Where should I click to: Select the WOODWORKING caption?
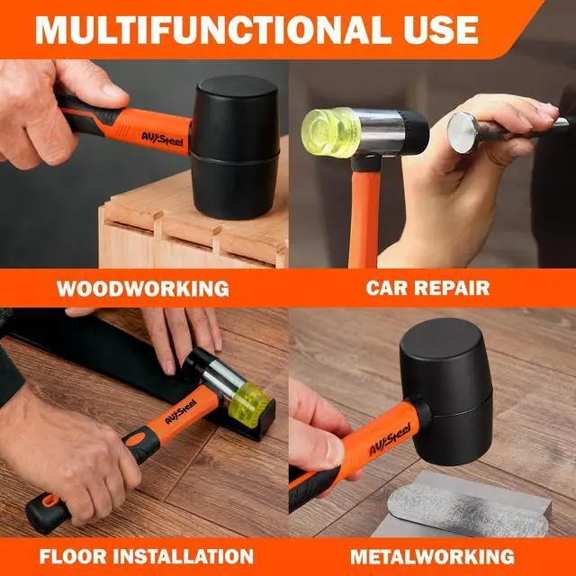pyautogui.click(x=143, y=289)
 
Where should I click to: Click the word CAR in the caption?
pyautogui.click(x=385, y=288)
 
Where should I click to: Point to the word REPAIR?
pyautogui.click(x=452, y=288)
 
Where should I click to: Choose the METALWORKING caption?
pyautogui.click(x=432, y=556)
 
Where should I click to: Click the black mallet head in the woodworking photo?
pyautogui.click(x=235, y=147)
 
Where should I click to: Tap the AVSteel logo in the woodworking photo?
pyautogui.click(x=162, y=139)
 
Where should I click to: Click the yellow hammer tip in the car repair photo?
pyautogui.click(x=330, y=132)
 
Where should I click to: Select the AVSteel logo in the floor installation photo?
pyautogui.click(x=180, y=411)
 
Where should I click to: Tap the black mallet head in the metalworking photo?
pyautogui.click(x=446, y=391)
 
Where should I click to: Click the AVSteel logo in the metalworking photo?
pyautogui.click(x=390, y=439)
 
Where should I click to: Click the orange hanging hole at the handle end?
pyautogui.click(x=50, y=500)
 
